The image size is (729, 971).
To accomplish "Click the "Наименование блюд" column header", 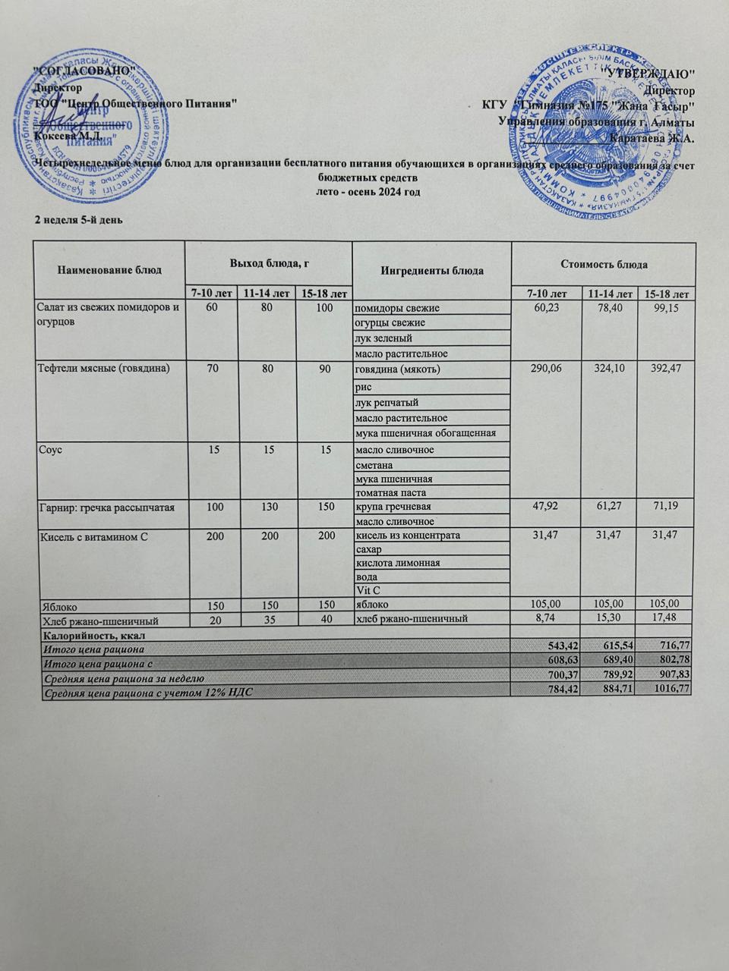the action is (x=109, y=270).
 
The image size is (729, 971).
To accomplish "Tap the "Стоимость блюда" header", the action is (x=604, y=264).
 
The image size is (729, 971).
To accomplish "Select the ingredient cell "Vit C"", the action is (x=368, y=589).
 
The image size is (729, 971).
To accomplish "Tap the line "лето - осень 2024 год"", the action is (x=368, y=192).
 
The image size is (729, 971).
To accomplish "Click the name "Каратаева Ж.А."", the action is (x=652, y=138).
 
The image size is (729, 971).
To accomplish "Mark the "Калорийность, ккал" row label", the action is (x=89, y=633).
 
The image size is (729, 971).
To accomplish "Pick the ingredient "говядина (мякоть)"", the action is (x=397, y=369).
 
